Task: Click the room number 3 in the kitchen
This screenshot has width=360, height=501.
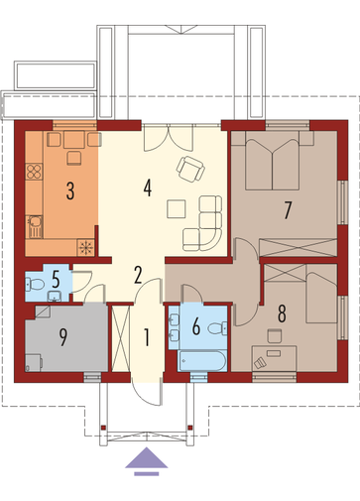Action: pyautogui.click(x=70, y=190)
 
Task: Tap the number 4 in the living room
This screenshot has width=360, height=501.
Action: pyautogui.click(x=148, y=188)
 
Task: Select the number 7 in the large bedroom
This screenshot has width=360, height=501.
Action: pyautogui.click(x=288, y=210)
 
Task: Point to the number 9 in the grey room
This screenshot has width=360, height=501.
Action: pyautogui.click(x=62, y=336)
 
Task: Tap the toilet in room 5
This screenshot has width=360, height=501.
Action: pyautogui.click(x=35, y=284)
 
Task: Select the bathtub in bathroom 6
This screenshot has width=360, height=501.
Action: pyautogui.click(x=202, y=361)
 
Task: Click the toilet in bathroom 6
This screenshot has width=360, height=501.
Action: pyautogui.click(x=217, y=328)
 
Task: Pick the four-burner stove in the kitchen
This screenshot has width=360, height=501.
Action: pyautogui.click(x=34, y=172)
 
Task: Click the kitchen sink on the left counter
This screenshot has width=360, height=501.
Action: pyautogui.click(x=35, y=227)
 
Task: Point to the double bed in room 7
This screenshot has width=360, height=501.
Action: pyautogui.click(x=272, y=161)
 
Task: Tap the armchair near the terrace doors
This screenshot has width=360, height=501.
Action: pyautogui.click(x=190, y=169)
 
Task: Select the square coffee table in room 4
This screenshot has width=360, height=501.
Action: pyautogui.click(x=177, y=208)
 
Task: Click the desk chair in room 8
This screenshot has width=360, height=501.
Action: pyautogui.click(x=274, y=335)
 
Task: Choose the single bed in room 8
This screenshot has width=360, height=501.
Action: pyautogui.click(x=321, y=294)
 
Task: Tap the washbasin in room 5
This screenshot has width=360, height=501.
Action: pyautogui.click(x=55, y=297)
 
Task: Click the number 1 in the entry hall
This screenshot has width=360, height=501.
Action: pyautogui.click(x=146, y=337)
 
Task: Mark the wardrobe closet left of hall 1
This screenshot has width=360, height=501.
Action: pyautogui.click(x=120, y=338)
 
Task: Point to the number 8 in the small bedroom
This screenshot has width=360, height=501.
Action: pyautogui.click(x=282, y=313)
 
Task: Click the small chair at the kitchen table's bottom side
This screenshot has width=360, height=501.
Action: pyautogui.click(x=73, y=158)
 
